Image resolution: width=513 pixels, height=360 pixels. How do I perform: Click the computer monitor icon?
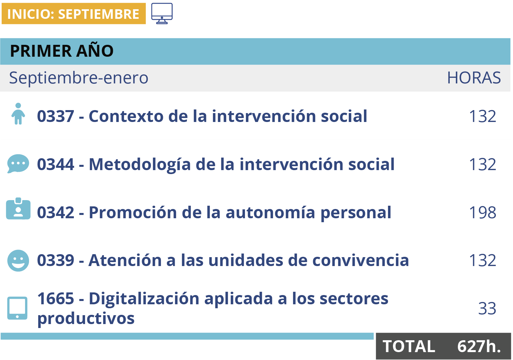pyautogui.click(x=162, y=13)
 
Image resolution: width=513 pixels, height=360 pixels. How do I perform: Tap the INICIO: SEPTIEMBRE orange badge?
pyautogui.click(x=74, y=14)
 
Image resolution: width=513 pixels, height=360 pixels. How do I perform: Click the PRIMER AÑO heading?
pyautogui.click(x=62, y=51)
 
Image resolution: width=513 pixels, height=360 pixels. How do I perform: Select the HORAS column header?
pyautogui.click(x=474, y=78)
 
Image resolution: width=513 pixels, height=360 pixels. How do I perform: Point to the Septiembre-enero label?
pyautogui.click(x=78, y=78)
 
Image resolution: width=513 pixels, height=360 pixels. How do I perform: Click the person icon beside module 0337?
pyautogui.click(x=18, y=114)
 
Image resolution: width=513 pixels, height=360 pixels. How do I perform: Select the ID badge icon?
pyautogui.click(x=18, y=209)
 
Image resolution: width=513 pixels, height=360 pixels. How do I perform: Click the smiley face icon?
pyautogui.click(x=18, y=261)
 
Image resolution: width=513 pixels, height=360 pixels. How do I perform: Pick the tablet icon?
pyautogui.click(x=17, y=308)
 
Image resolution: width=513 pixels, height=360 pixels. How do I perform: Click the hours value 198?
pyautogui.click(x=483, y=213)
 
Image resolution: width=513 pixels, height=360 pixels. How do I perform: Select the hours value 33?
pyautogui.click(x=487, y=309)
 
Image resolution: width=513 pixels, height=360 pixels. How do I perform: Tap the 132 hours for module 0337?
pyautogui.click(x=483, y=116)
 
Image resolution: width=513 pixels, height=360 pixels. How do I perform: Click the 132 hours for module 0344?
pyautogui.click(x=483, y=165)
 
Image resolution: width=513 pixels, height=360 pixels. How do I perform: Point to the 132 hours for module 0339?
pyautogui.click(x=483, y=260)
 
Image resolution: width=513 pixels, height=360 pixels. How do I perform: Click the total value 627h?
pyautogui.click(x=479, y=346)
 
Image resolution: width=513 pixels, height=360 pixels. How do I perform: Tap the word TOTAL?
pyautogui.click(x=409, y=346)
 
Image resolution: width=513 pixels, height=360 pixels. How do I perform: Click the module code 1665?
pyautogui.click(x=56, y=299)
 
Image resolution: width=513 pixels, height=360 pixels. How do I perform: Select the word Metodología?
pyautogui.click(x=140, y=165)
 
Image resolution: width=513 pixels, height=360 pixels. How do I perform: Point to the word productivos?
pyautogui.click(x=86, y=319)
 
